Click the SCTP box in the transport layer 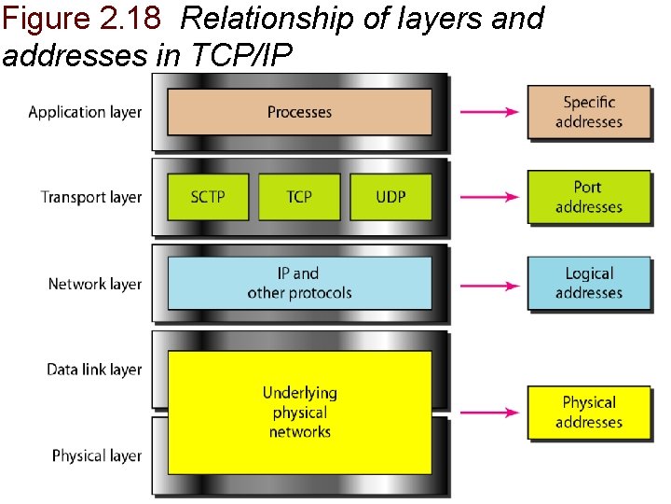[207, 197]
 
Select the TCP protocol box [299, 197]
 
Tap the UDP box [390, 197]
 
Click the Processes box [299, 112]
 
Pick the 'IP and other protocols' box [299, 283]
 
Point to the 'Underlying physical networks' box [299, 412]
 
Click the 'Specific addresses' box [588, 112]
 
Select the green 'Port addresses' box [588, 197]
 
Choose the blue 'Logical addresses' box [588, 283]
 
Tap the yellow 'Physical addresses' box [588, 412]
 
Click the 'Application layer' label [85, 112]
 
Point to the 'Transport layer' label [91, 197]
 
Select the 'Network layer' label [95, 284]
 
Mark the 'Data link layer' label [94, 370]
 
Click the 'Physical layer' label [97, 455]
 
